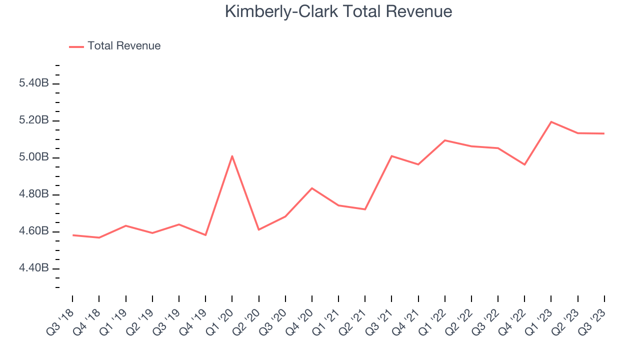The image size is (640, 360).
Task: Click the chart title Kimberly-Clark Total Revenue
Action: (338, 11)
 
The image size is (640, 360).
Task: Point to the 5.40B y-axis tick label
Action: (33, 83)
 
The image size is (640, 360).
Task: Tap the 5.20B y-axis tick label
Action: (33, 120)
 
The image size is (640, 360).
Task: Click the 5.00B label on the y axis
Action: (33, 157)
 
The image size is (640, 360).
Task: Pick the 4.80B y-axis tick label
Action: (33, 194)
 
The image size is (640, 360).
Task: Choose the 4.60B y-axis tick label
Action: (33, 231)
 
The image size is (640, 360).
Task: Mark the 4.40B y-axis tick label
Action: (33, 268)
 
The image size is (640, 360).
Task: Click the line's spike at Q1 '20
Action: (232, 156)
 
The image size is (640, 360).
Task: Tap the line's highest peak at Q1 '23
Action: (551, 122)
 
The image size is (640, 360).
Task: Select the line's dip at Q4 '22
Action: (524, 164)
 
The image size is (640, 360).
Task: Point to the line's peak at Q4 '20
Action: (312, 188)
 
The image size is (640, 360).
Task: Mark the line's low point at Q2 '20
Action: (258, 229)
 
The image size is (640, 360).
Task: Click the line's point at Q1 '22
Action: (444, 140)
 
